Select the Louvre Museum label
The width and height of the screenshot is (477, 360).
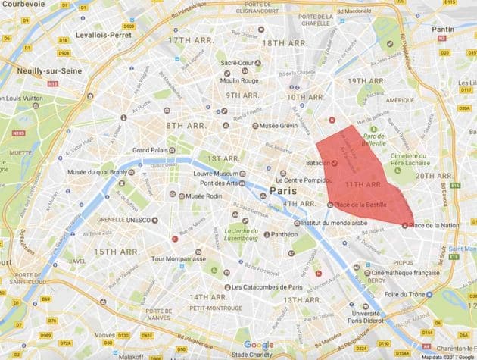coord(206,174)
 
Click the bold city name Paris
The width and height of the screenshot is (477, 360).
coord(278,191)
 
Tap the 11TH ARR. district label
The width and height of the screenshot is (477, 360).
coord(363,184)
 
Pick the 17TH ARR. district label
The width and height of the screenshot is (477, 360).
coord(188,39)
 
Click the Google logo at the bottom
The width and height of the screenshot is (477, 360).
coord(258,345)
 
